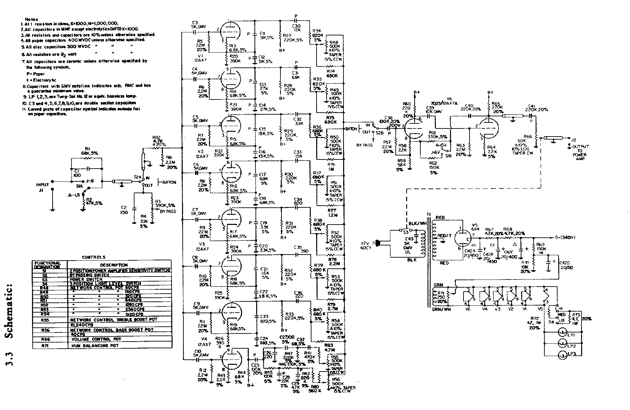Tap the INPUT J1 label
click(43, 187)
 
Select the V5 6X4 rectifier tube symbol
click(460, 238)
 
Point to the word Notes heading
click(31, 19)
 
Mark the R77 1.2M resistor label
click(333, 212)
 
